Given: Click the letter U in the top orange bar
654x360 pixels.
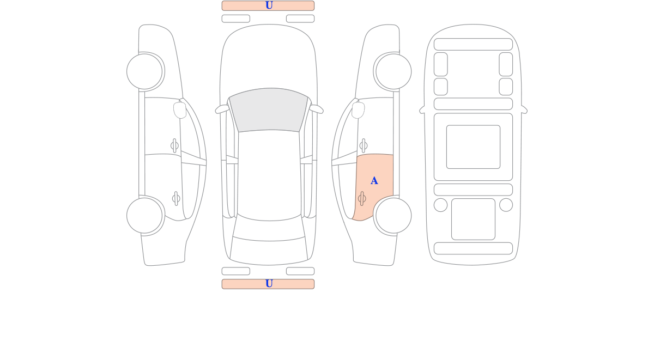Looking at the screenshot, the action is click(269, 5).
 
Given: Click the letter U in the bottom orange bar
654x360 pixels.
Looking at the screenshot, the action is click(269, 283).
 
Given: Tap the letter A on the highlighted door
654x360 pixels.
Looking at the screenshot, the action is click(374, 181).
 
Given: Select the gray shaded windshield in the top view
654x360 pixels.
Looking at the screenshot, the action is click(269, 110).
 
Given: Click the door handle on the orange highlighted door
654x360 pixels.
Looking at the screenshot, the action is click(362, 199).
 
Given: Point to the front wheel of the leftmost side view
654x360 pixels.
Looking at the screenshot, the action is click(144, 71).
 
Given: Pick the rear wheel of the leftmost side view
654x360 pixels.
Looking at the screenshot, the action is click(144, 216).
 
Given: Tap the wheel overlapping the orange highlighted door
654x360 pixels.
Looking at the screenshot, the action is click(393, 216).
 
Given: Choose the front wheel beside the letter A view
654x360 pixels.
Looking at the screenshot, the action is click(393, 71).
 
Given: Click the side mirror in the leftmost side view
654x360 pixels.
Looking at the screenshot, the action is click(180, 110).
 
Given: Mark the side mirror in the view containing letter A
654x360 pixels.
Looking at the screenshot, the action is click(358, 110).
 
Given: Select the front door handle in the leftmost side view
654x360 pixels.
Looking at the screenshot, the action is click(174, 145).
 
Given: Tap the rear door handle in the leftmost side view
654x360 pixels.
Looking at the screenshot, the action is click(176, 199).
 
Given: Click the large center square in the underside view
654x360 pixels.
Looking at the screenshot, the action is click(473, 147).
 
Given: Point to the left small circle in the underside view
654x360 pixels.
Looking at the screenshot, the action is click(440, 205).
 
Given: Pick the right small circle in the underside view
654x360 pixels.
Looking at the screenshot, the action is click(506, 205).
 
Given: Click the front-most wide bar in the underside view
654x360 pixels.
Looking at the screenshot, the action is click(473, 44).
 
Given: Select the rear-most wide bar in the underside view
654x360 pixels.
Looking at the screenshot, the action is click(473, 248).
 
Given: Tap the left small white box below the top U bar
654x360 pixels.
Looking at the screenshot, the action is click(236, 19).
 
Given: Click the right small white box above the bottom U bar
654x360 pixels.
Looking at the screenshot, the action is click(300, 271).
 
